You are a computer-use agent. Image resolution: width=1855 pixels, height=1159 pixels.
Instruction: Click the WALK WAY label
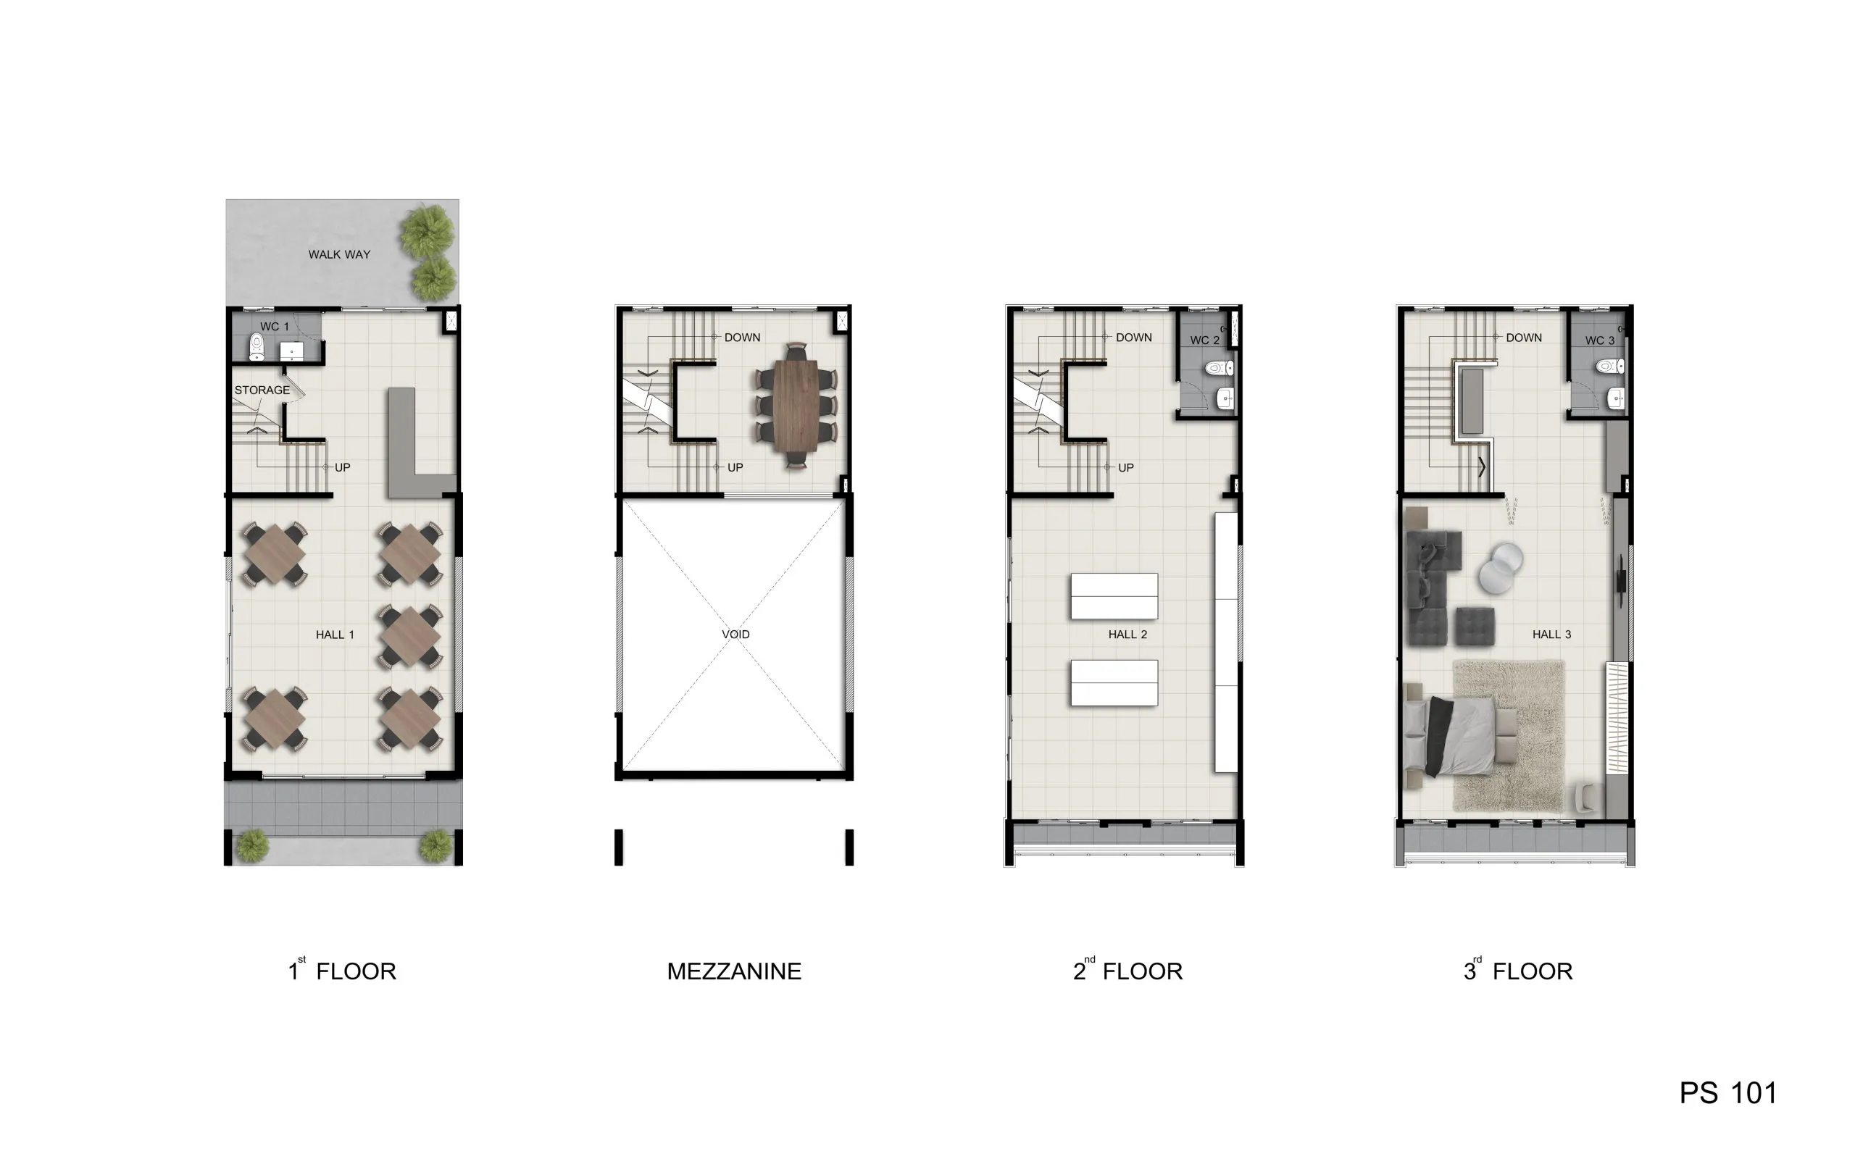(339, 254)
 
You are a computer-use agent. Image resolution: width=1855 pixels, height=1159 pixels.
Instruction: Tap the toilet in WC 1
(257, 347)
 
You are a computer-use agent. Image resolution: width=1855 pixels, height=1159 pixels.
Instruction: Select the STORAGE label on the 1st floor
(262, 390)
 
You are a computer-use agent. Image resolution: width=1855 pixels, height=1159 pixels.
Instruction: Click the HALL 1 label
(335, 635)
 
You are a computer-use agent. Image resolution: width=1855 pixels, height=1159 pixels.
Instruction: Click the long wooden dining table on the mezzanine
(796, 404)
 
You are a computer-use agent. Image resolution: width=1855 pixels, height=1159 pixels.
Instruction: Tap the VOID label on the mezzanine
(736, 635)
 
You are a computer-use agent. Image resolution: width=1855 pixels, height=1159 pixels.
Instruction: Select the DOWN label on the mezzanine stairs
(742, 338)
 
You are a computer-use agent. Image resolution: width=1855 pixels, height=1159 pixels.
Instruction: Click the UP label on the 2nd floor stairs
(1125, 468)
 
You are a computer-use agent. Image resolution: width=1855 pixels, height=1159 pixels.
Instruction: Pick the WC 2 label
(1204, 340)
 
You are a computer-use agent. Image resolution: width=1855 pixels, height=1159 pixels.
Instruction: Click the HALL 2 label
(1127, 635)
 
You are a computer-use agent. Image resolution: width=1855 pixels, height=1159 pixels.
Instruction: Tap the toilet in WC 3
(1609, 367)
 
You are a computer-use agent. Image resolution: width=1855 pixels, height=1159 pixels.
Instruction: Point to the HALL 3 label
(1551, 635)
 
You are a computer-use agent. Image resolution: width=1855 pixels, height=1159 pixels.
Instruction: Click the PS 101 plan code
(1727, 1093)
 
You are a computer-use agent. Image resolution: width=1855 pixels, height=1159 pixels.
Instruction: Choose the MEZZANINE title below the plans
(733, 972)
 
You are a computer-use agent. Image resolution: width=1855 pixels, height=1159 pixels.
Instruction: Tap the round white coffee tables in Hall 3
(1500, 568)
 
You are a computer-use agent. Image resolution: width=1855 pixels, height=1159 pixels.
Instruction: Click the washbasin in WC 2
(1225, 398)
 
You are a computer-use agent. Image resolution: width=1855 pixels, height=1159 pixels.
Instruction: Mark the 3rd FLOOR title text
(1518, 971)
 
